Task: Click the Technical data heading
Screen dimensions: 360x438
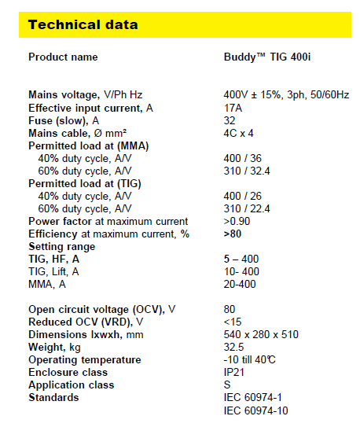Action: [x=83, y=24]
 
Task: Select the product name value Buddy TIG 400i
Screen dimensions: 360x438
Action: [x=267, y=57]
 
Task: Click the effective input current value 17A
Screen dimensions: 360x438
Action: [x=233, y=108]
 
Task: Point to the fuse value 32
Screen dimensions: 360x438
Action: [x=230, y=120]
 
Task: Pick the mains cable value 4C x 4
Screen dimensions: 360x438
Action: [x=238, y=133]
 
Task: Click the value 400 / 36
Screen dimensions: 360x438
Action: [x=242, y=158]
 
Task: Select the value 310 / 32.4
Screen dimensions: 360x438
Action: [x=247, y=171]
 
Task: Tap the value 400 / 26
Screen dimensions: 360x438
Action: [x=242, y=196]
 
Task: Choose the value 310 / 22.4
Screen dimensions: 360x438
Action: [x=247, y=208]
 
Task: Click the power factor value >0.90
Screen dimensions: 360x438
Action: [x=237, y=221]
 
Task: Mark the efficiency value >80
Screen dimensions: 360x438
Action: [x=233, y=234]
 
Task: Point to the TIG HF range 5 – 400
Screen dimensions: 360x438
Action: [x=241, y=259]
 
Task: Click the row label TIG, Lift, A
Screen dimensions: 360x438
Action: [x=53, y=271]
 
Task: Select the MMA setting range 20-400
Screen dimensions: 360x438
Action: [x=240, y=284]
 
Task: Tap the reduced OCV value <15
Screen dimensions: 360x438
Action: [x=233, y=322]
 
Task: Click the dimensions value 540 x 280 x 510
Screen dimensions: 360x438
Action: [x=261, y=334]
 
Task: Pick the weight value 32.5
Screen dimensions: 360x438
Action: [x=233, y=347]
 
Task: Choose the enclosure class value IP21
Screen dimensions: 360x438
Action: [x=234, y=372]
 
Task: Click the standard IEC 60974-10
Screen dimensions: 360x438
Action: [x=255, y=410]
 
